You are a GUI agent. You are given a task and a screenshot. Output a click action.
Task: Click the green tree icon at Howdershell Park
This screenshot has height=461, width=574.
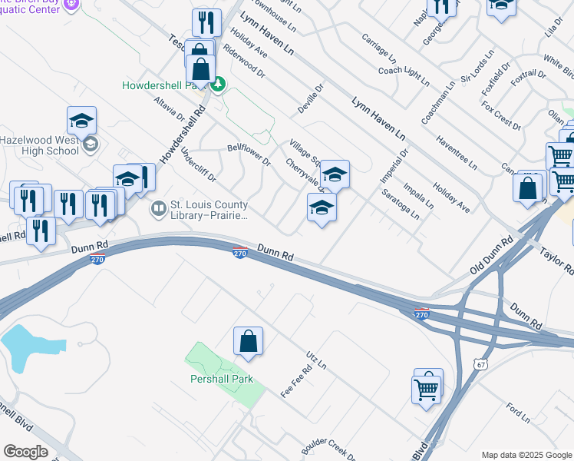tap(218, 85)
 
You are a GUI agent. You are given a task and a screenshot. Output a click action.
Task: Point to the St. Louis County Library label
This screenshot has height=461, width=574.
tap(209, 211)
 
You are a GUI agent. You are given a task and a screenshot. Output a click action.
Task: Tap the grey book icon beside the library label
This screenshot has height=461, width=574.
tap(158, 208)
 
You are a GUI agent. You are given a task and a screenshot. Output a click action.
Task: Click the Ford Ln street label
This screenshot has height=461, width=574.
tap(519, 413)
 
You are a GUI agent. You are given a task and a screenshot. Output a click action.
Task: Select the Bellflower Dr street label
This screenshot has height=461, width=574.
tap(249, 154)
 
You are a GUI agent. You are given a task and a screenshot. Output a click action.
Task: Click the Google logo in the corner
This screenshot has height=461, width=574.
tap(25, 452)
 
